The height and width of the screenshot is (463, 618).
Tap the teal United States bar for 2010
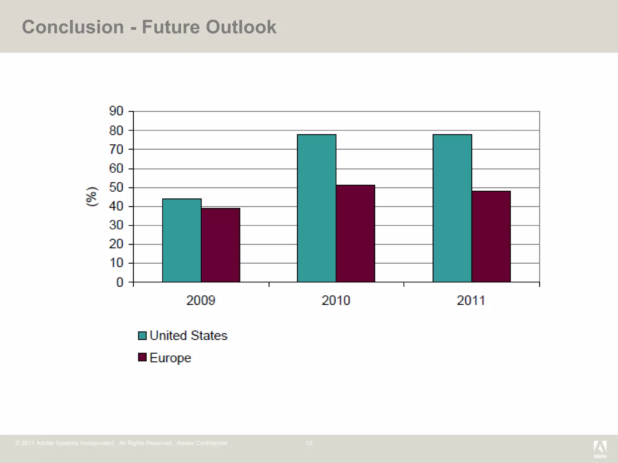coord(317,208)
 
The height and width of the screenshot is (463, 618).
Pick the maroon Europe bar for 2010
coord(355,234)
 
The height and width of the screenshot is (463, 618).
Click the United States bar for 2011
coord(452,208)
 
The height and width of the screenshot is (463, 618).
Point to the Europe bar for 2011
coord(491,237)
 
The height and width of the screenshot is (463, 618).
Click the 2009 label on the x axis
coord(201,301)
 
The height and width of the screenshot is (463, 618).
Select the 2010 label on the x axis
coord(336,301)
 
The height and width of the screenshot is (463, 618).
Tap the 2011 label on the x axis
coord(471,301)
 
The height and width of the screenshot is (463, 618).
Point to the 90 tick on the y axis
coord(116,111)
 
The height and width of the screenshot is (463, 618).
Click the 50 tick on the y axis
coord(116,187)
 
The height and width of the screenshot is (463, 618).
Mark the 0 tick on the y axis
coord(120,282)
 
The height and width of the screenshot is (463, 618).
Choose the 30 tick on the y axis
coord(116,225)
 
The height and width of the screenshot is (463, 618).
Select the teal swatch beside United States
coord(142,335)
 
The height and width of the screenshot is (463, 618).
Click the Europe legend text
coord(170,358)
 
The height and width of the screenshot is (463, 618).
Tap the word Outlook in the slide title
coord(241,27)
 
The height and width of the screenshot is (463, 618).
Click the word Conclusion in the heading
coord(73,27)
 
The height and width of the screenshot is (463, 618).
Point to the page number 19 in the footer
coord(309,443)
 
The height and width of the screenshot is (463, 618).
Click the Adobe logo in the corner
coord(600,449)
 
